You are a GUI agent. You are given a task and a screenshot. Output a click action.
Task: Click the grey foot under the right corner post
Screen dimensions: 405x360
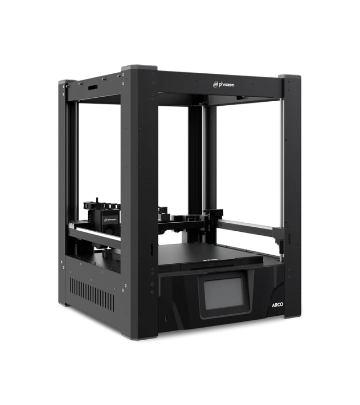(x=288, y=317)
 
